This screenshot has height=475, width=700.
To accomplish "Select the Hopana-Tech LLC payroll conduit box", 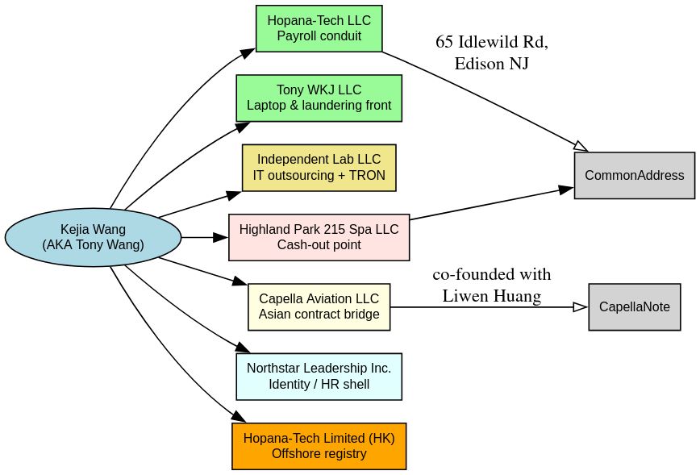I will coord(319,28).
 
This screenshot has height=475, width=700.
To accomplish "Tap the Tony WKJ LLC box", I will coord(319,98).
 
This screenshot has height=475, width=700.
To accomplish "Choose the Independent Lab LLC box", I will coord(319,168).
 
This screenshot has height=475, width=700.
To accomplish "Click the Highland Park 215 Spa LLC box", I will coord(319,237).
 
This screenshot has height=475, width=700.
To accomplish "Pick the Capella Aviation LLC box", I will coord(319,306).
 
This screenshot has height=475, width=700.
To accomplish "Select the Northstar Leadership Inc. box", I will coord(319,377).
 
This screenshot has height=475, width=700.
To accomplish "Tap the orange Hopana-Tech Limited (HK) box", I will coord(319,446).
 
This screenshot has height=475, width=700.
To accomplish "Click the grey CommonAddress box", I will coord(634,175).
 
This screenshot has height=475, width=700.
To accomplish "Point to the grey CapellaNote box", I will coord(634,306).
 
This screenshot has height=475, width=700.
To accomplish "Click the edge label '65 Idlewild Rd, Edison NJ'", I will coord(491,52).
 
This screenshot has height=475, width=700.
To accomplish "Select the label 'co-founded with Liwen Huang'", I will coord(491,285).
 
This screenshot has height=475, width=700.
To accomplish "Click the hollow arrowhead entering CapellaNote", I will coord(581,306).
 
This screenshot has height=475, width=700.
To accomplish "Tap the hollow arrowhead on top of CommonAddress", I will coord(581,146).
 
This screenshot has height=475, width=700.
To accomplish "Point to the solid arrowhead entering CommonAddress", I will coord(567,190).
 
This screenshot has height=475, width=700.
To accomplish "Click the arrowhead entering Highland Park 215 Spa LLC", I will coord(221,237).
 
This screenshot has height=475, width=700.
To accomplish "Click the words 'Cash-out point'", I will coord(319,245).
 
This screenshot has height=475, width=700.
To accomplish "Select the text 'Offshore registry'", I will coord(319,454).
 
